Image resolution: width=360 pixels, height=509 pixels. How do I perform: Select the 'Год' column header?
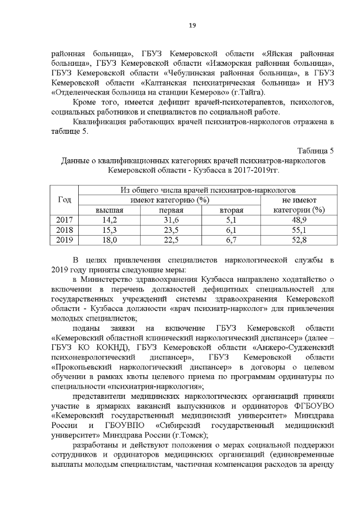point(65,200)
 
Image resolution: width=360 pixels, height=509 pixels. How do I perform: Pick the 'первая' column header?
point(170,210)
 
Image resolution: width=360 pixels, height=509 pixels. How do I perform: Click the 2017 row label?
point(65,220)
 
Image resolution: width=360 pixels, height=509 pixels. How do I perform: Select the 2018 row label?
point(65,230)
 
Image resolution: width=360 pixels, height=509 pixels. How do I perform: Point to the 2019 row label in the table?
point(65,240)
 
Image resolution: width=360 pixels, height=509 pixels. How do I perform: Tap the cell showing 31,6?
point(170,220)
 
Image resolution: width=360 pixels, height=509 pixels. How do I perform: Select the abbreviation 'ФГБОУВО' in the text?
point(314,404)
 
